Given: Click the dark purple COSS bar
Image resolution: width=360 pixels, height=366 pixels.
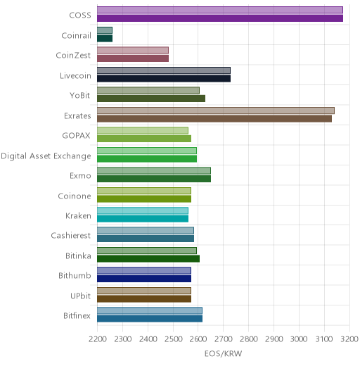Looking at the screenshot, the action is coord(220,18).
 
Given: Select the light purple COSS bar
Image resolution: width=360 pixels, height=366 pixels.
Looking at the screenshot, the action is coord(220,10).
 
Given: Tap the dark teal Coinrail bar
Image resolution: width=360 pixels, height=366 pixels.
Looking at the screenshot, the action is coord(105,39).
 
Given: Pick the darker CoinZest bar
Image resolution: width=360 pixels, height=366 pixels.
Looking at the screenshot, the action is coord(133,58).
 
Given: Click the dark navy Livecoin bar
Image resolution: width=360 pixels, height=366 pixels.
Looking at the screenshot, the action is coord(164,79).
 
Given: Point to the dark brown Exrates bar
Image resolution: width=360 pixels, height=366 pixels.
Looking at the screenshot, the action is coord(214,119).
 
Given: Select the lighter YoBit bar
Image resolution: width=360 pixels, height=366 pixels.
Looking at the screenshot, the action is coord(148,91).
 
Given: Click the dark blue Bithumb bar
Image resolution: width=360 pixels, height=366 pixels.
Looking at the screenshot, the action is coord(144,279).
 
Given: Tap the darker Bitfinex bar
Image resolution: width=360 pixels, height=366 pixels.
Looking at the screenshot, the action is coord(150,319).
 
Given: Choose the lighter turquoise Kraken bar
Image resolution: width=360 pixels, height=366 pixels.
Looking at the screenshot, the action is coord(143,210).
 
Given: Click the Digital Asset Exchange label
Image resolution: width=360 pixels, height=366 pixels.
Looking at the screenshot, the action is coord(46,156).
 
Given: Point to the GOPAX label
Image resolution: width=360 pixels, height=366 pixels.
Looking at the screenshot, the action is coord(76,136).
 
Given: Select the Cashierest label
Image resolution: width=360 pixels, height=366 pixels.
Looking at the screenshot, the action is coord(71,235).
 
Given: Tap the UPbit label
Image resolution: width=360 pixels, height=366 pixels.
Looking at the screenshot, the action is coord(80,296).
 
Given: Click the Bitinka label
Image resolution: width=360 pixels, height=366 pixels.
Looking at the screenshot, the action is coord(78,255).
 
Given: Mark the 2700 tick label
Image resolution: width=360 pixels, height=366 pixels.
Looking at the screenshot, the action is coord(224,339).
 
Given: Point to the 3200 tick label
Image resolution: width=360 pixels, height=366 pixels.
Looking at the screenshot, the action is coord(349,339).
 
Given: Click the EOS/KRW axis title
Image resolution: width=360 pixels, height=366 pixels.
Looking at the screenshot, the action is coord(223,353).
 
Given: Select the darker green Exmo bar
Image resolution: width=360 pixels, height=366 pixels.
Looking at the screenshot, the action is coord(154,179).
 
